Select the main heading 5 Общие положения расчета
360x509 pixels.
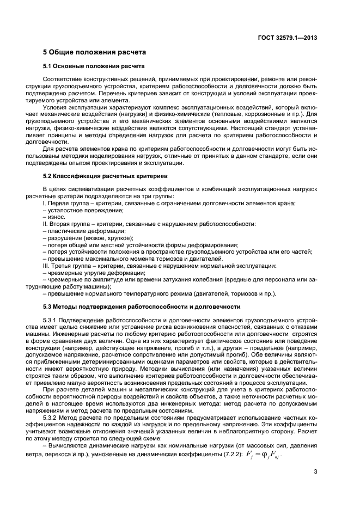coord(94,52)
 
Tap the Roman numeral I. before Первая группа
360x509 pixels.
coord(58,203)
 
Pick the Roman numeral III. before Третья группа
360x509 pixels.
coord(59,266)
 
